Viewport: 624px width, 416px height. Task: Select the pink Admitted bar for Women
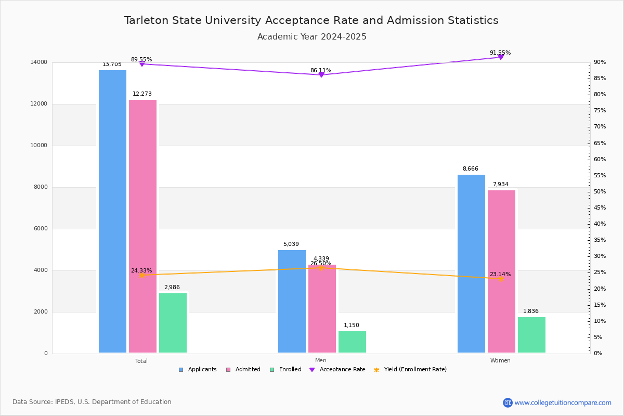click(501, 271)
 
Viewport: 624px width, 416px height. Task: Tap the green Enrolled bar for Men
click(352, 342)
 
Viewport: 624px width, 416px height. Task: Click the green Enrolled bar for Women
click(531, 335)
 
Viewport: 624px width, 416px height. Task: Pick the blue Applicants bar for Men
click(292, 301)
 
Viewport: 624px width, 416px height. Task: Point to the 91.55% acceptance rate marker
click(501, 57)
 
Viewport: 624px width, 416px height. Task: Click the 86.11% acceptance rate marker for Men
click(321, 75)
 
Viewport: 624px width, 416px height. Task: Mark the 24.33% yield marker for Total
click(142, 275)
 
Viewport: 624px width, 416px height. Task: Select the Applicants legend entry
click(198, 370)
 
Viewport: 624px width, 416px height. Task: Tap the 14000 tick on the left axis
click(38, 62)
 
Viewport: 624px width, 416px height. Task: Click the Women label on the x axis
click(500, 361)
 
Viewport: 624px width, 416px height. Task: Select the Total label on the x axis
click(141, 361)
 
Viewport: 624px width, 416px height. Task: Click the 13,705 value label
click(112, 64)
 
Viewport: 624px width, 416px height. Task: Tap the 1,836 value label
click(531, 311)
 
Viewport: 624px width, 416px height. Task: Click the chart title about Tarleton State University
click(311, 20)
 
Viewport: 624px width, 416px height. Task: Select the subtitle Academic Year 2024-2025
click(312, 37)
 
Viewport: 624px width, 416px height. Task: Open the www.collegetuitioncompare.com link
click(563, 402)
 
